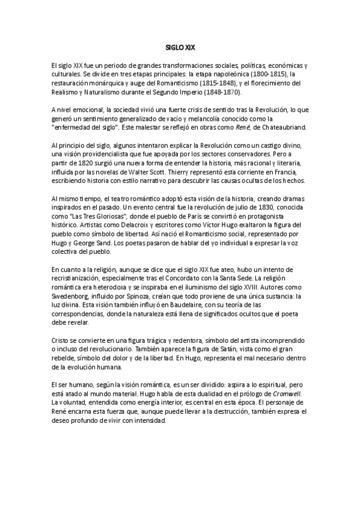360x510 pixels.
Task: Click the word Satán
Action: click(x=198, y=349)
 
